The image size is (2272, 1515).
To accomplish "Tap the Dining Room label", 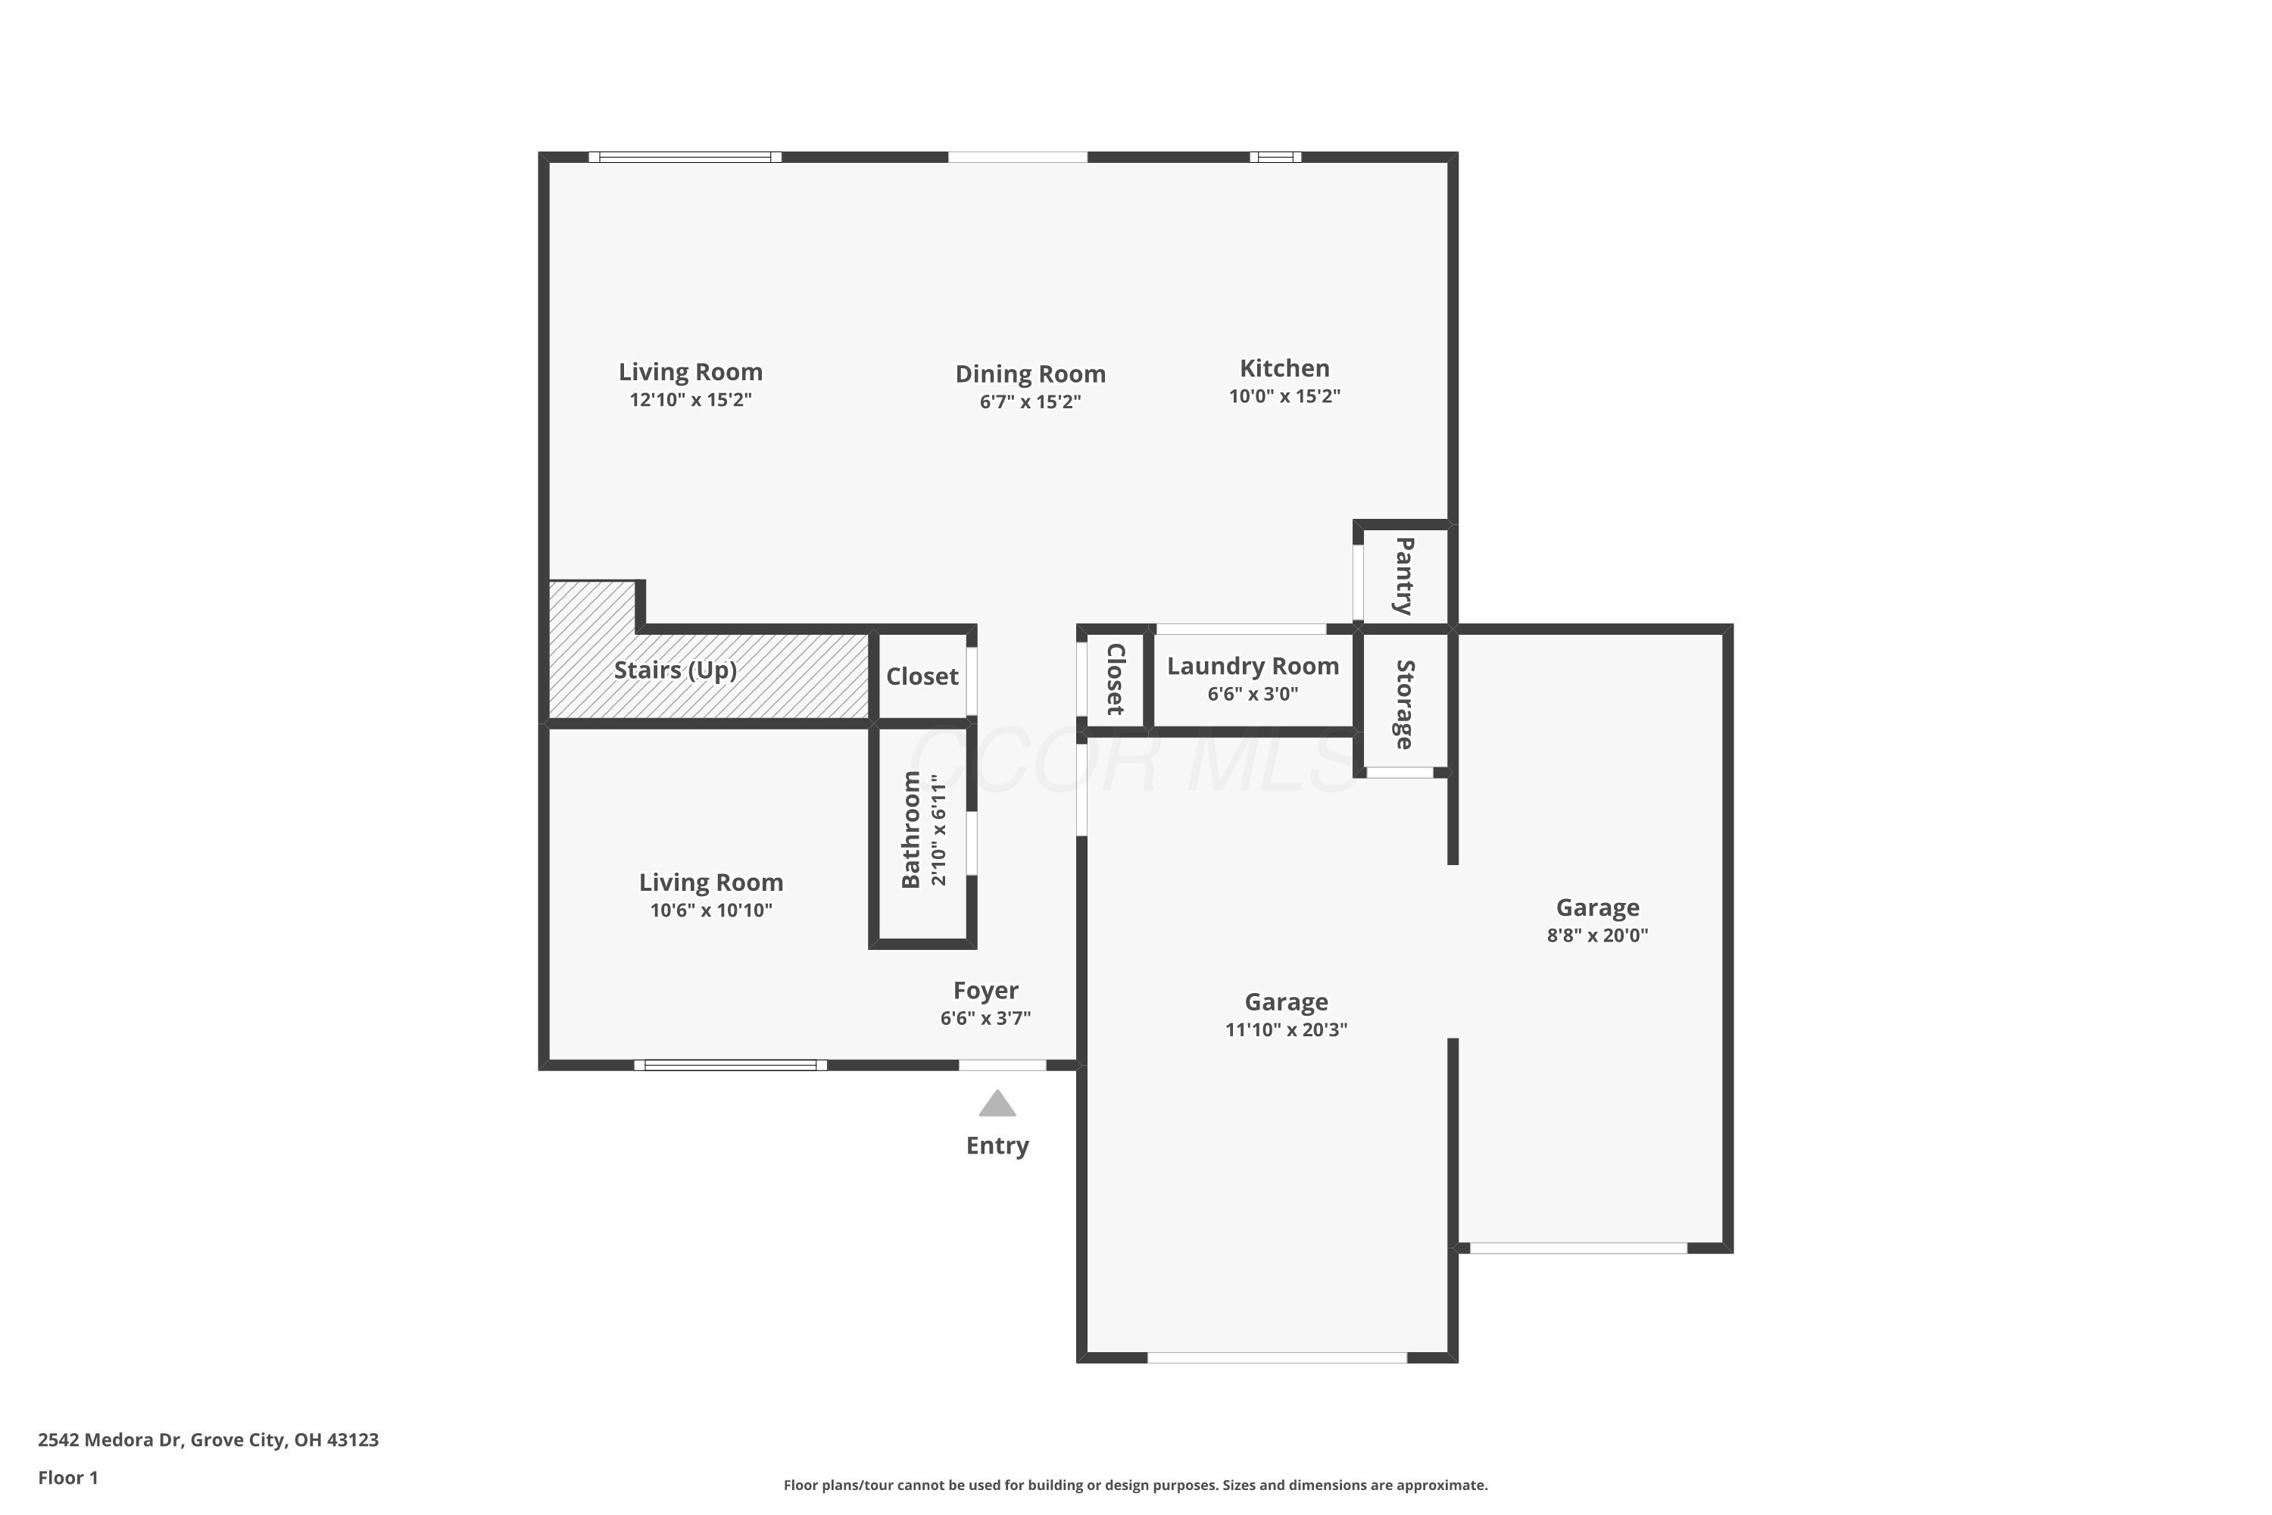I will pyautogui.click(x=1030, y=374).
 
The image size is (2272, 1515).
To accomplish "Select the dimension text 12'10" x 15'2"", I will pyautogui.click(x=690, y=400).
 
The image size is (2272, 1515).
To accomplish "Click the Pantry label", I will pyautogui.click(x=1405, y=576).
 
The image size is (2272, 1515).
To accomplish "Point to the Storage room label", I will pyautogui.click(x=1405, y=704).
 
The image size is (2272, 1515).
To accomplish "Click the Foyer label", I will pyautogui.click(x=985, y=990).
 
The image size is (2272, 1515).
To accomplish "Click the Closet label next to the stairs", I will pyautogui.click(x=922, y=676).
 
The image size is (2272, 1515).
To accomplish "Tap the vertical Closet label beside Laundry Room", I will pyautogui.click(x=1115, y=679).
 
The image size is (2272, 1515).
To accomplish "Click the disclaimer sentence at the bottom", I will pyautogui.click(x=1135, y=1485).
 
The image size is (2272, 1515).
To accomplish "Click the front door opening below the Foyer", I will pyautogui.click(x=1002, y=1065).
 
